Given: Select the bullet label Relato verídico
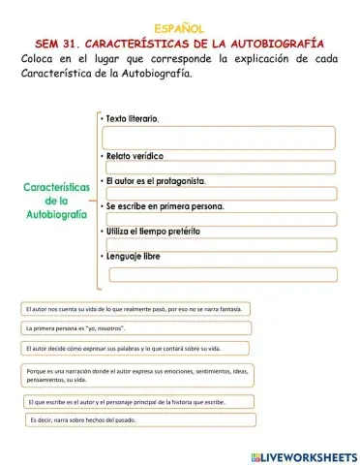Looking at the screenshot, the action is pos(135,155).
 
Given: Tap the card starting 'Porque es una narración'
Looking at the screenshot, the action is pos(135,375).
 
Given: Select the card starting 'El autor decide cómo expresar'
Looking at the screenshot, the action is pos(126,348).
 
